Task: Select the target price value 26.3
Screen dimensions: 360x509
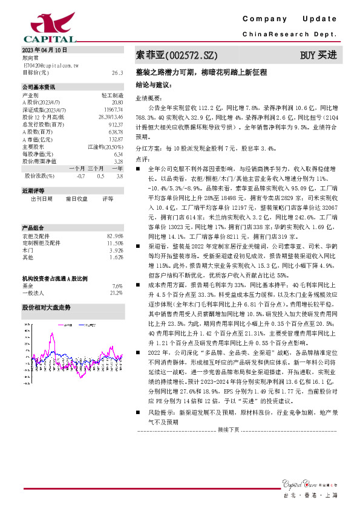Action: pos(117,72)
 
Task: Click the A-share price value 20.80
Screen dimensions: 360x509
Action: pos(117,102)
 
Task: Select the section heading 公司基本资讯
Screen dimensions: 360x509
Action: pos(39,87)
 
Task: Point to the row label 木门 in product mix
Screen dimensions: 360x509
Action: pos(28,250)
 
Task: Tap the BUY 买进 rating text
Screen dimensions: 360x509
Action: pos(318,56)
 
